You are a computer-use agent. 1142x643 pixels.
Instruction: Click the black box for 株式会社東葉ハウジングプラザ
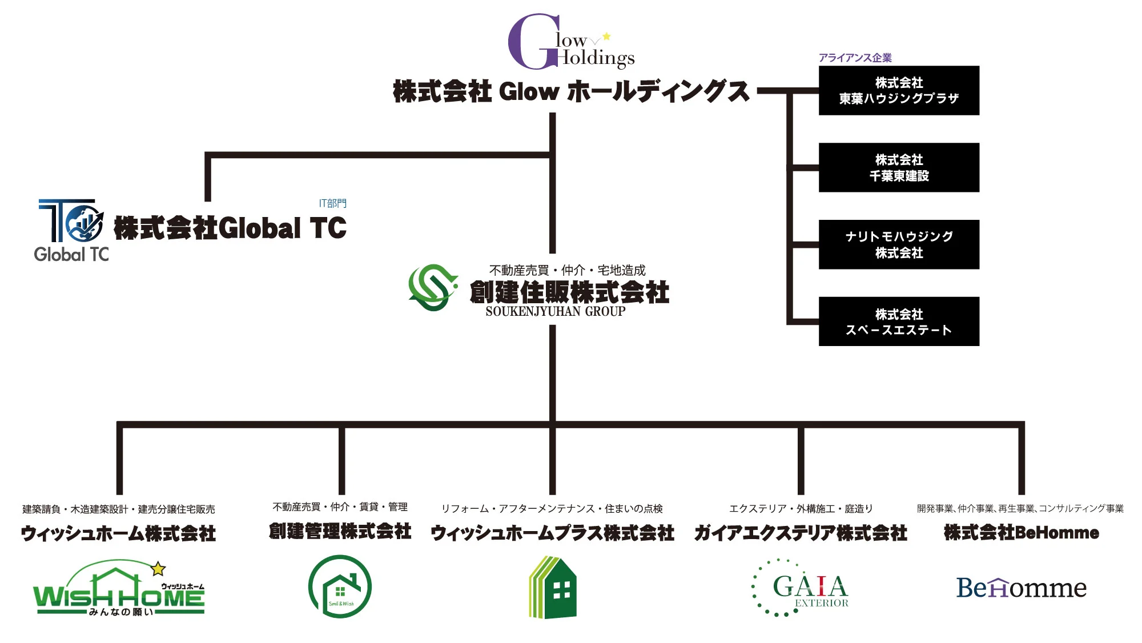899,91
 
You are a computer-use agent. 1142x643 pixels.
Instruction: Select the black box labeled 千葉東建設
899,167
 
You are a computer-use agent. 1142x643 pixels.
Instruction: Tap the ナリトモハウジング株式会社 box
899,244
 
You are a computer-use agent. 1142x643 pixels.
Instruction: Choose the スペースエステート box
899,321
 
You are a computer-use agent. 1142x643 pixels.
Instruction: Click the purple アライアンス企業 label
855,58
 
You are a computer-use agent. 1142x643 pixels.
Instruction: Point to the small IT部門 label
332,203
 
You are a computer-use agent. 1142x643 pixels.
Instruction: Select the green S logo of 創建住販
433,287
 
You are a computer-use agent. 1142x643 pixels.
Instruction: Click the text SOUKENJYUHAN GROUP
555,312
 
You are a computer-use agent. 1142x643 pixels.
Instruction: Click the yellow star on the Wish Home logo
158,569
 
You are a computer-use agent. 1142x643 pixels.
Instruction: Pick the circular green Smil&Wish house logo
340,586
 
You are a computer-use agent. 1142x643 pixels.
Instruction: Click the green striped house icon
552,588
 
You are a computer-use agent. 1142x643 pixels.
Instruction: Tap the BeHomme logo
1021,588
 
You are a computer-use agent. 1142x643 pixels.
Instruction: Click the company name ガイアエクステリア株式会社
801,533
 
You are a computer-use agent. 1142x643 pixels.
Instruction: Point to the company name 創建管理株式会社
340,531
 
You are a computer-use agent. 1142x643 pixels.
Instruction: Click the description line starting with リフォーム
552,509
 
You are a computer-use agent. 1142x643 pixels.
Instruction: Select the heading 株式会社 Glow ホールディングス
571,91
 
